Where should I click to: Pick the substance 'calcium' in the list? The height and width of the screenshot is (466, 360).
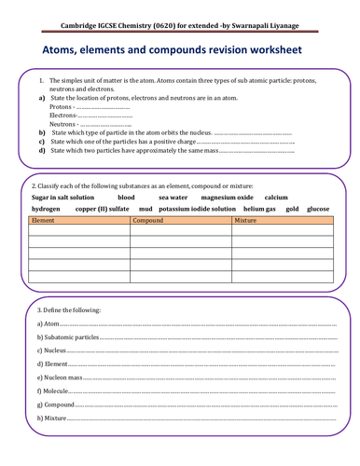click(x=276, y=198)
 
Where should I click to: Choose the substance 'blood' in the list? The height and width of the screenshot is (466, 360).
click(x=127, y=198)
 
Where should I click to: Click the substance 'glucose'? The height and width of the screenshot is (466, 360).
click(x=318, y=209)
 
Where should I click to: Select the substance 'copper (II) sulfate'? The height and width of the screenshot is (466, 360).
click(x=102, y=209)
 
